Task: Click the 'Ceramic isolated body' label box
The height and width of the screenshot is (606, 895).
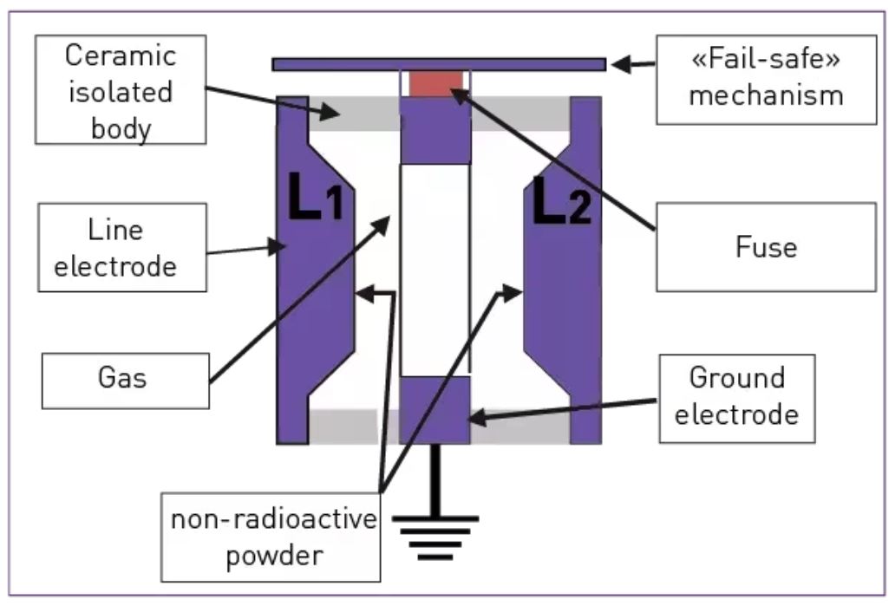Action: (x=121, y=89)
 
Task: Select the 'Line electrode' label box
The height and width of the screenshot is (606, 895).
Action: (x=121, y=247)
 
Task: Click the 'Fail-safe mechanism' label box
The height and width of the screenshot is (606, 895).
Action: (x=765, y=78)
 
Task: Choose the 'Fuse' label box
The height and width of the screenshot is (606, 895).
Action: (x=765, y=247)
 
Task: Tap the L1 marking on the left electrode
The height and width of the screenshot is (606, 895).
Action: (x=315, y=202)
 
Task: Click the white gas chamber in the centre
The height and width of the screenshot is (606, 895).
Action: (x=434, y=269)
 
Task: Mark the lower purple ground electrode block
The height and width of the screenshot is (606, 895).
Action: (x=434, y=409)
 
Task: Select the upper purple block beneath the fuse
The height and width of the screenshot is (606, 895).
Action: (x=434, y=130)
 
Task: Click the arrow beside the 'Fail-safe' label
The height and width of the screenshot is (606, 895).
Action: (x=632, y=64)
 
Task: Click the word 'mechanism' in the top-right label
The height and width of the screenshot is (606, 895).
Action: (x=765, y=94)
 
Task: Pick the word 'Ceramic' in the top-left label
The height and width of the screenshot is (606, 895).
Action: (x=121, y=56)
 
